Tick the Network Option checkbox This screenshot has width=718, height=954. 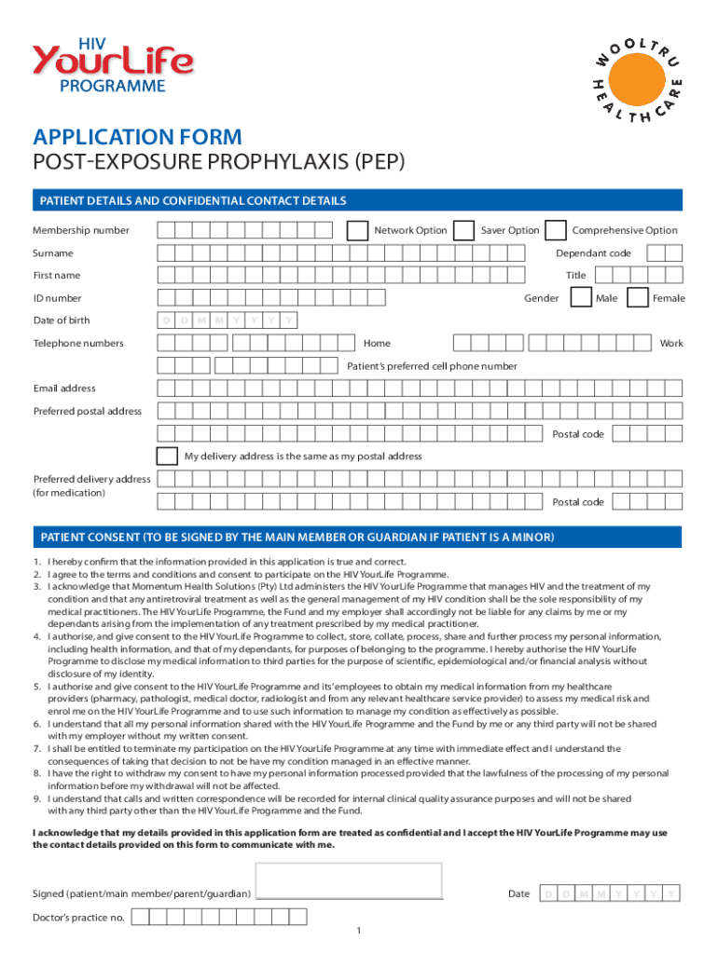click(x=357, y=230)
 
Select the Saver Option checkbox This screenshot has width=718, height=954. click(x=463, y=230)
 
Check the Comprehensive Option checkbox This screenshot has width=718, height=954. click(x=555, y=230)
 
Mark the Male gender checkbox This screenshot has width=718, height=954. click(x=580, y=298)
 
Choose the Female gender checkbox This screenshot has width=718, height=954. click(x=638, y=298)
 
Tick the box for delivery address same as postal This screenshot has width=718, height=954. click(x=168, y=457)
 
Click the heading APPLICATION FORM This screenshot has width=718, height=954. click(x=137, y=138)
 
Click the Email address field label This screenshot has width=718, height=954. click(x=64, y=388)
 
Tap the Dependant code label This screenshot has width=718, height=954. click(x=593, y=253)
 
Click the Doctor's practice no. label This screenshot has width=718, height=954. click(x=78, y=918)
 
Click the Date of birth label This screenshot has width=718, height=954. click(x=62, y=320)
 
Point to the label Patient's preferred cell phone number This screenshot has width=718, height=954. click(x=432, y=366)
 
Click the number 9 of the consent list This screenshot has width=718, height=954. click(x=36, y=798)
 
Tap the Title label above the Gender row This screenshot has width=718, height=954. click(x=575, y=276)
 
